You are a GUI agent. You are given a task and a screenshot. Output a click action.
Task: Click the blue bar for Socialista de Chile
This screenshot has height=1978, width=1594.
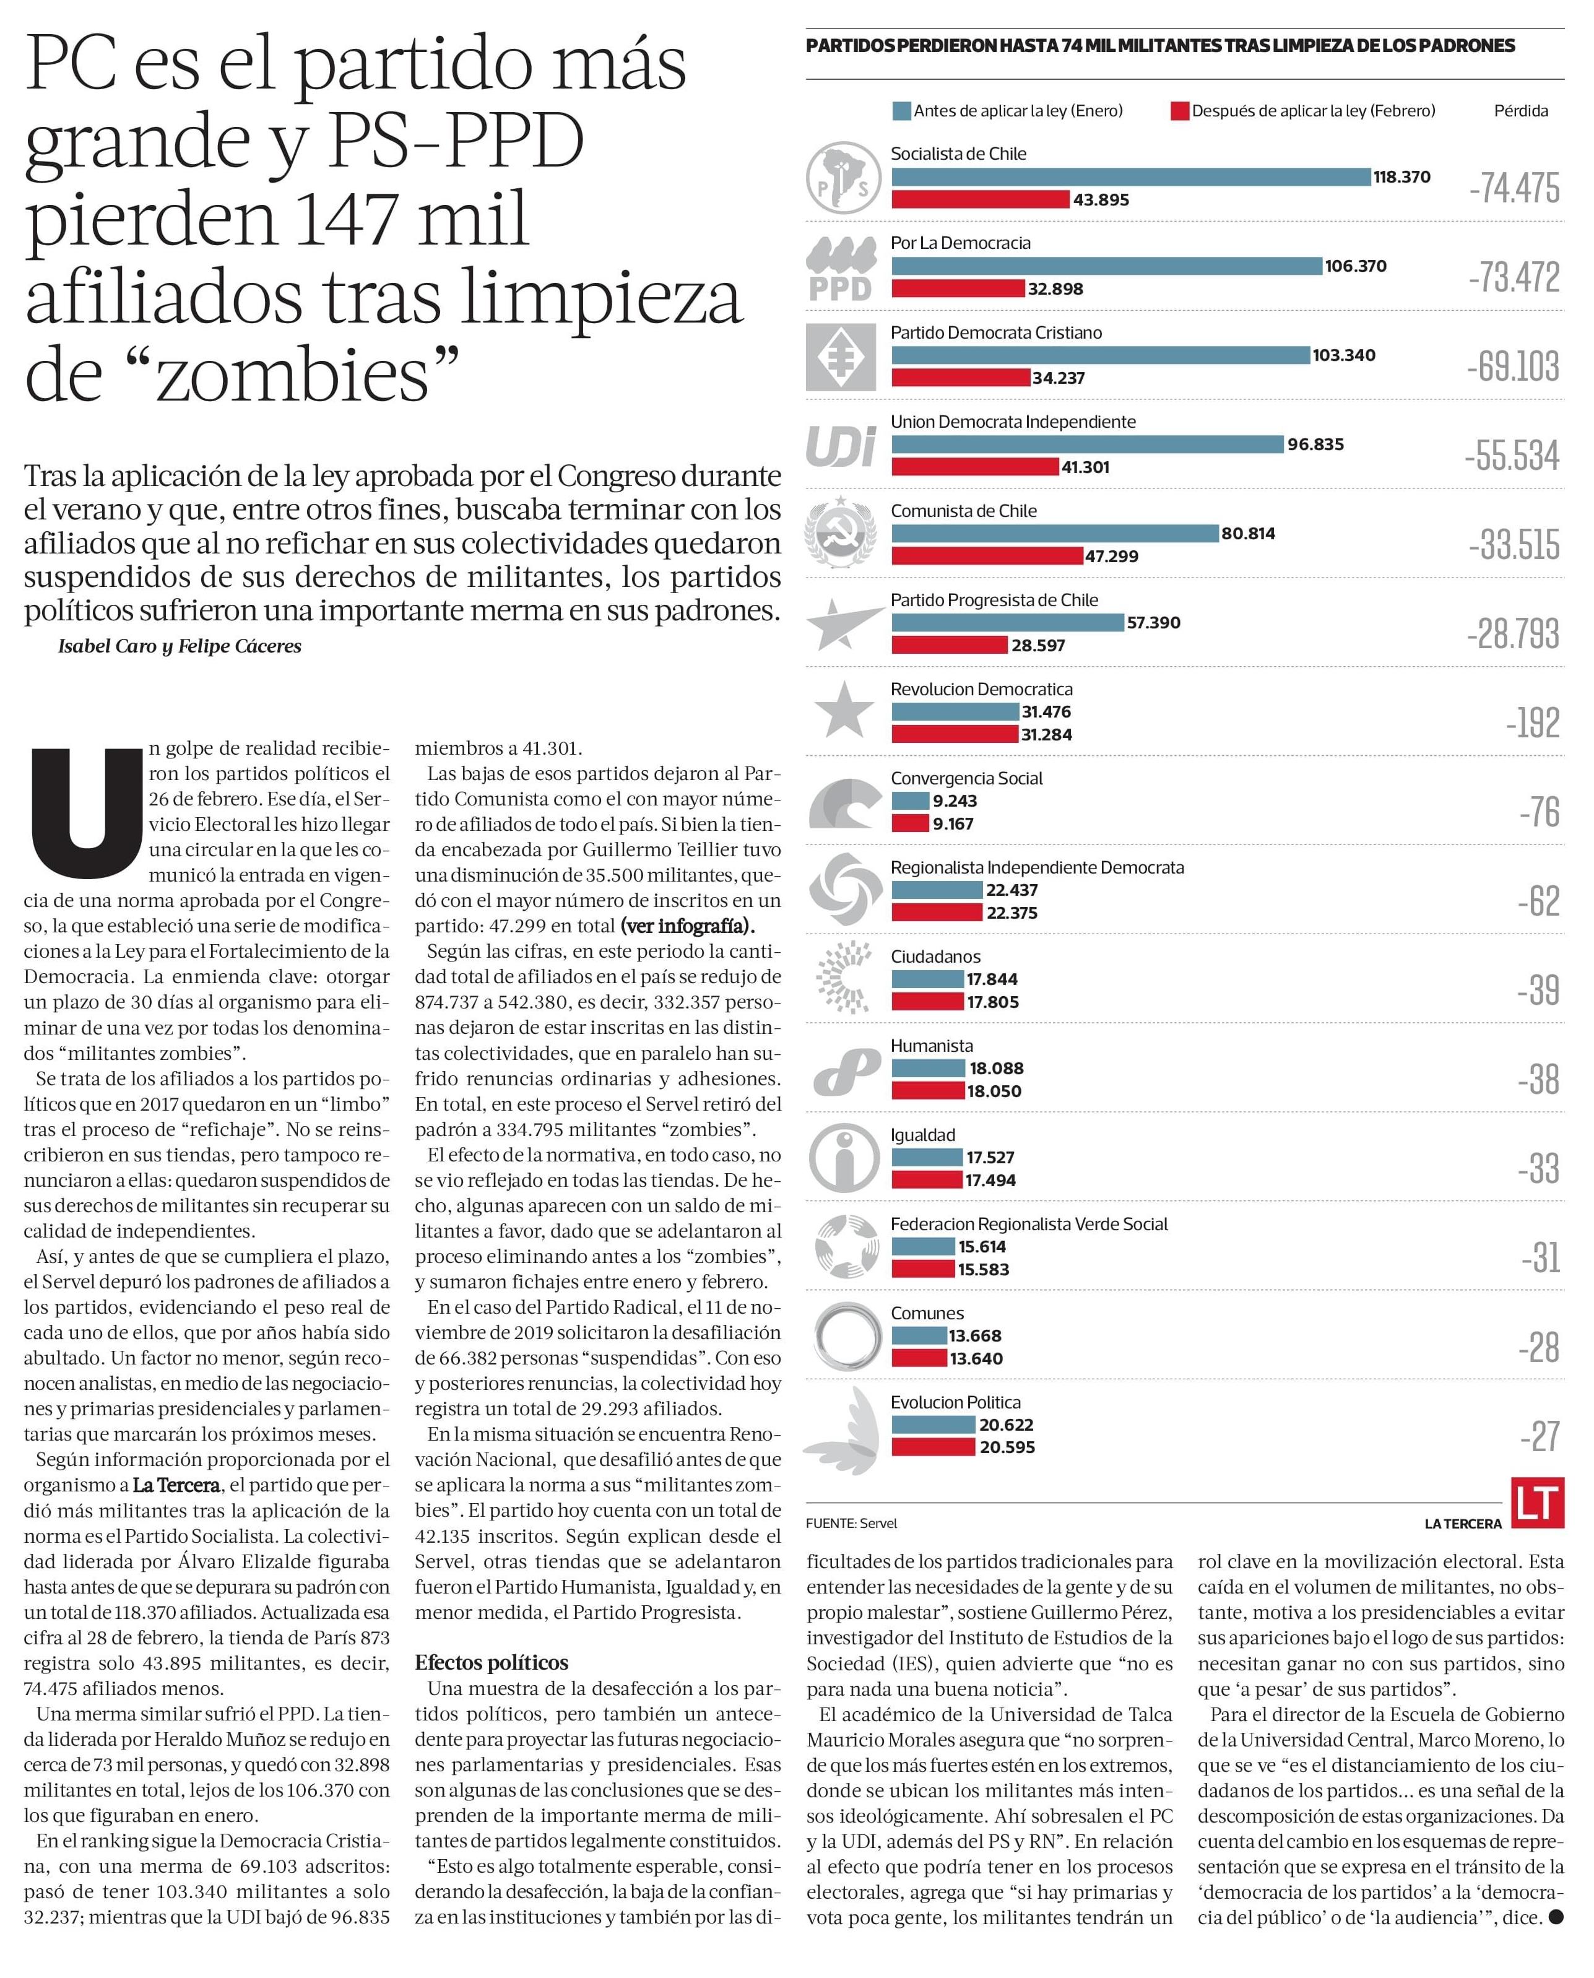1130,177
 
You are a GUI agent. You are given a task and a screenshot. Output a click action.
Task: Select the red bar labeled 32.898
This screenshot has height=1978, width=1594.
958,288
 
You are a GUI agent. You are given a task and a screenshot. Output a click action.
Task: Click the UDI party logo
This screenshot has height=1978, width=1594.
840,447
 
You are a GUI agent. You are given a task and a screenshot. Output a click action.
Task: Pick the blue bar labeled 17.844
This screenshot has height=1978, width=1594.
927,979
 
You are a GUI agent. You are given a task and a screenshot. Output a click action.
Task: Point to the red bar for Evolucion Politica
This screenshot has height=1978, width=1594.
933,1447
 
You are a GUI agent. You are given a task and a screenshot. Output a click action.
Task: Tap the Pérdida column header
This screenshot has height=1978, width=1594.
1520,111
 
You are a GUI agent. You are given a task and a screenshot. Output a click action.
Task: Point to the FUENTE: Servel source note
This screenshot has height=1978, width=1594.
851,1524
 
